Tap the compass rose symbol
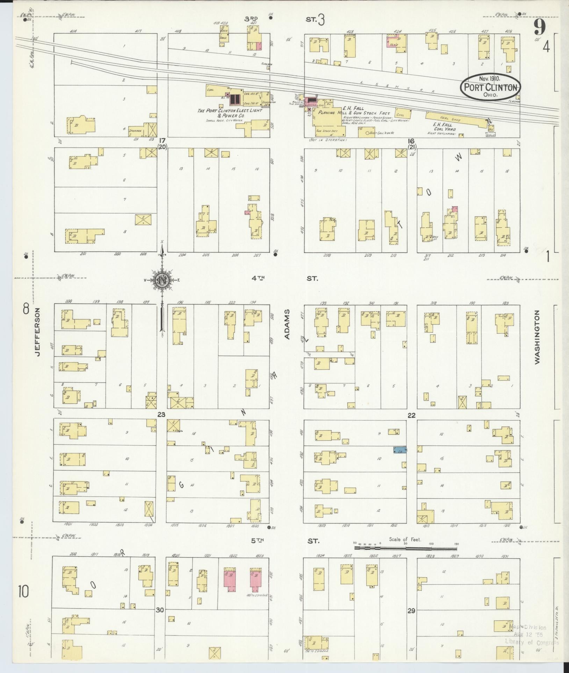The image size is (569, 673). point(162,280)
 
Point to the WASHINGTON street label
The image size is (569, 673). point(536,337)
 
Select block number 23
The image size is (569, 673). point(161,415)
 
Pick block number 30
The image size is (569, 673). point(160,610)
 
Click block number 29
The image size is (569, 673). point(411,610)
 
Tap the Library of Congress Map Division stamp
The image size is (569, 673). point(531,635)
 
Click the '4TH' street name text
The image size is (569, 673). point(258,278)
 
